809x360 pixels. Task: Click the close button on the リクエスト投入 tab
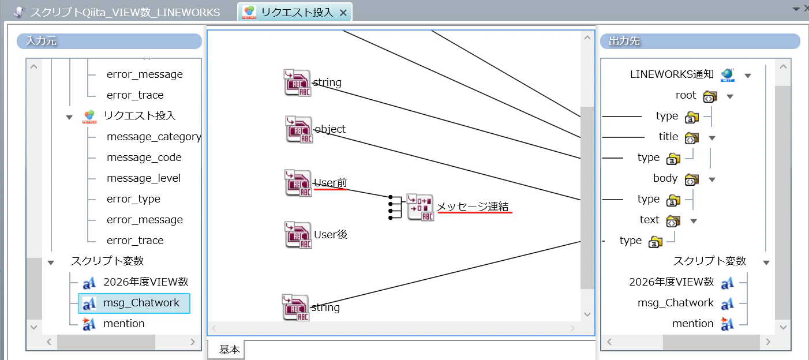(343, 13)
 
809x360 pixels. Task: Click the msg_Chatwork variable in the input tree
(141, 302)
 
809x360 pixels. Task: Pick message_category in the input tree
(154, 137)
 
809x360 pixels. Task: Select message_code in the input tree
(144, 157)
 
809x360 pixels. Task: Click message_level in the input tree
(144, 178)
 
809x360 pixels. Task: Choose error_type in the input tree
(133, 199)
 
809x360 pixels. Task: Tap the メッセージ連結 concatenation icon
(421, 207)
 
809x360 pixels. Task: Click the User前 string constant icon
(298, 183)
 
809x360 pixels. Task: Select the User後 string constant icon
(298, 235)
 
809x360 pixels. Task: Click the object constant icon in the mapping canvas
(299, 129)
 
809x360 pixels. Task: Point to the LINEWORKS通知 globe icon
(728, 75)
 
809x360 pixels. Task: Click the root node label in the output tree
(686, 95)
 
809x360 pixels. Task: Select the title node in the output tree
(668, 137)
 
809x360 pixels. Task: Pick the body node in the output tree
(665, 178)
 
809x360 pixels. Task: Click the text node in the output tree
(649, 220)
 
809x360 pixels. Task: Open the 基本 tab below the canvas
(229, 350)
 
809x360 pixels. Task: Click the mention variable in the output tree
(692, 323)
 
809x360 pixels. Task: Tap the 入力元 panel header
(109, 41)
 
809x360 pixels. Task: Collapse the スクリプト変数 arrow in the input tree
(51, 262)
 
